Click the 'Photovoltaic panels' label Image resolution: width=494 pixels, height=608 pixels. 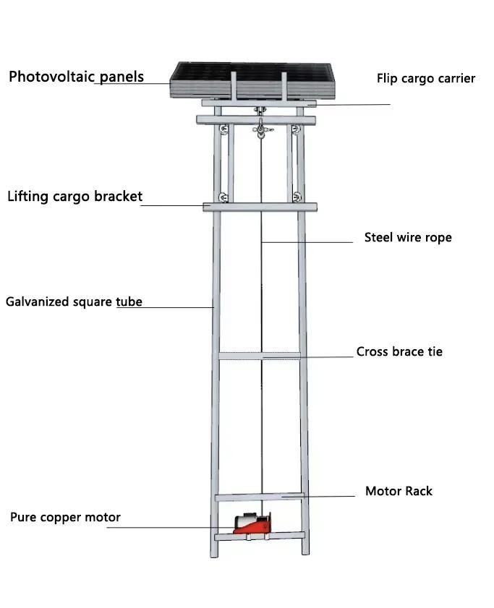[76, 77]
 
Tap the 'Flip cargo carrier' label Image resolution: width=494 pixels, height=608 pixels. [425, 78]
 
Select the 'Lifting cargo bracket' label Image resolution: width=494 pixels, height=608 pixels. [74, 196]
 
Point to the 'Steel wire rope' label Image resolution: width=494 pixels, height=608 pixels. [407, 237]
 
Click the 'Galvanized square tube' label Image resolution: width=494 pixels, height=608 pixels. [74, 301]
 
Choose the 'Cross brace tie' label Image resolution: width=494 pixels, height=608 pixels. [399, 352]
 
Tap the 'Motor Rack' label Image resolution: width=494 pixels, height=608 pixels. [399, 492]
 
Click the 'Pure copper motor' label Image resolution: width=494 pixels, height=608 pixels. [65, 518]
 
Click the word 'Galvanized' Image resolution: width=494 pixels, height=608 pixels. [35, 301]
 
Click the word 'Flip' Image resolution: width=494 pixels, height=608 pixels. [386, 78]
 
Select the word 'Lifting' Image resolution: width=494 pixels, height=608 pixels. [27, 196]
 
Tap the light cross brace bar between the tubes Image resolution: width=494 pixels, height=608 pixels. [260, 355]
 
